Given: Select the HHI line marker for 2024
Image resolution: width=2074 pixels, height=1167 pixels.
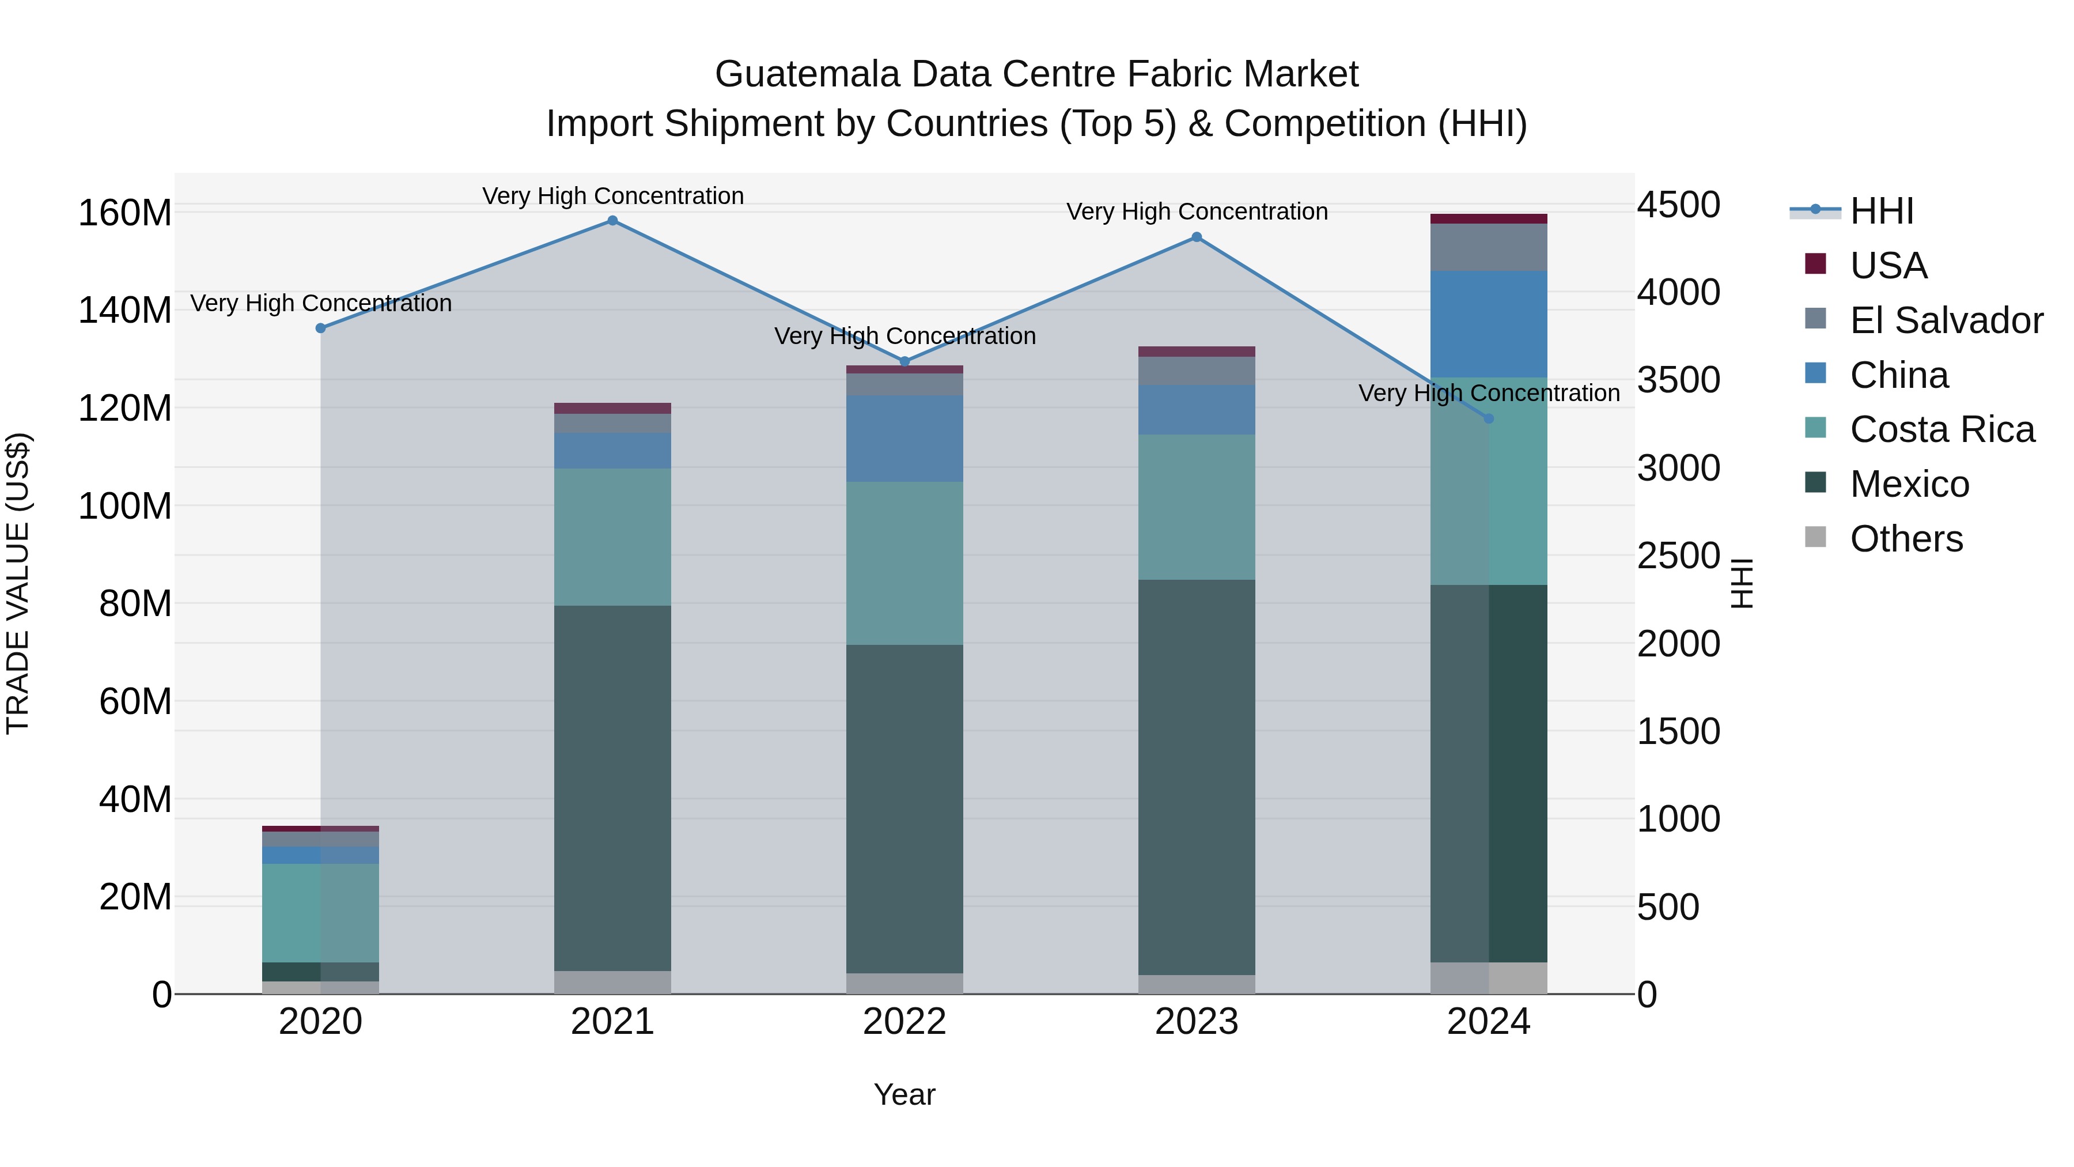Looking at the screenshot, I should (x=1488, y=419).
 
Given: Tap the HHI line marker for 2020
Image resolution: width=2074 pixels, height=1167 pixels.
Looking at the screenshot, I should (x=320, y=328).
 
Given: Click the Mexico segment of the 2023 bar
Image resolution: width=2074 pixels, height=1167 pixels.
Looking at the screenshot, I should (x=1197, y=777).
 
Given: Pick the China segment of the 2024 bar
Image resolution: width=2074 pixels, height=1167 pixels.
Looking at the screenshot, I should (x=1488, y=324).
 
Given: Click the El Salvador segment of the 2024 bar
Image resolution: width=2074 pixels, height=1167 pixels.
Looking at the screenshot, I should (x=1488, y=247).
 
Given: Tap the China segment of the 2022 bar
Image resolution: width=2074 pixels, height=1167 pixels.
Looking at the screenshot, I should (x=904, y=439).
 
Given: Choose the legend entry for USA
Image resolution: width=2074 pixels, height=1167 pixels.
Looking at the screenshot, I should (x=1887, y=266).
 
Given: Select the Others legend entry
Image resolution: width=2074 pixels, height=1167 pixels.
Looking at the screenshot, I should (x=1905, y=539).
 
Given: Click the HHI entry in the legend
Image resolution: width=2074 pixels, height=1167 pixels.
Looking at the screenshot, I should (x=1881, y=211).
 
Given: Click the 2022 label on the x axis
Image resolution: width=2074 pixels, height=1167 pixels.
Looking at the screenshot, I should (x=904, y=1022).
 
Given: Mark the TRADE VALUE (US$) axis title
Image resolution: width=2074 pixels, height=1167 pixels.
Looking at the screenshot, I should (x=18, y=583).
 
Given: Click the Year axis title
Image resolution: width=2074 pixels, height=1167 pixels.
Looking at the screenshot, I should (x=904, y=1094).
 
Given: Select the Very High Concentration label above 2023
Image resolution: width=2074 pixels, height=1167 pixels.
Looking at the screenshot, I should (x=1197, y=212).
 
